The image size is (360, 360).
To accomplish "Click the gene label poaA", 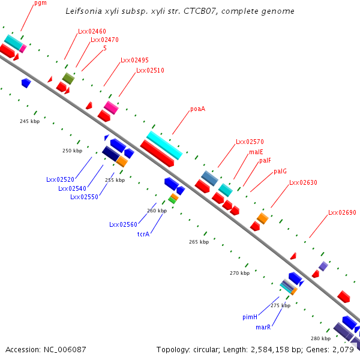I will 198,109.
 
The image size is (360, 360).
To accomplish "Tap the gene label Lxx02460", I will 92,31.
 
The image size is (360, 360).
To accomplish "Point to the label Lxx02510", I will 150,71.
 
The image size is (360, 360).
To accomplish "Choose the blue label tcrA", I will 143,234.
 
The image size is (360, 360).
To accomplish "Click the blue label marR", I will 263,327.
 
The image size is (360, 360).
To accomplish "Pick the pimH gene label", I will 250,316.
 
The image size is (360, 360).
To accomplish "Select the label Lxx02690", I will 342,212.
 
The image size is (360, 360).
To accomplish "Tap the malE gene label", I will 256,152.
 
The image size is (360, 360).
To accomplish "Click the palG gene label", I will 280,171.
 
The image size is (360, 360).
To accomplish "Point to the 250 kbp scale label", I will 72,151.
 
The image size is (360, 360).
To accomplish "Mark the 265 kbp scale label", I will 199,242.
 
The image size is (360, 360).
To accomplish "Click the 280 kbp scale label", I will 320,338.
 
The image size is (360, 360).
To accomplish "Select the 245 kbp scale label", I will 29,121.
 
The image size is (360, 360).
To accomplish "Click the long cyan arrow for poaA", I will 164,145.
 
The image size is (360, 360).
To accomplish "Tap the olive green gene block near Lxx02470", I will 68,78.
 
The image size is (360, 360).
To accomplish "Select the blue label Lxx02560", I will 122,224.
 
